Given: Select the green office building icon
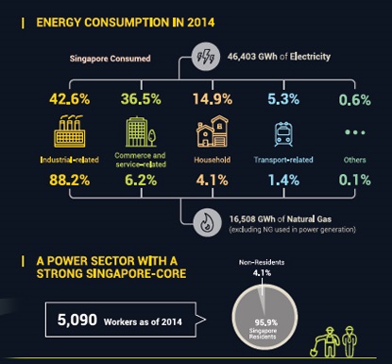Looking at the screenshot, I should [138, 131].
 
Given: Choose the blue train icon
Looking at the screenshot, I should [282, 133].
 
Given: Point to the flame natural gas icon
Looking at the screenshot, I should [203, 222].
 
